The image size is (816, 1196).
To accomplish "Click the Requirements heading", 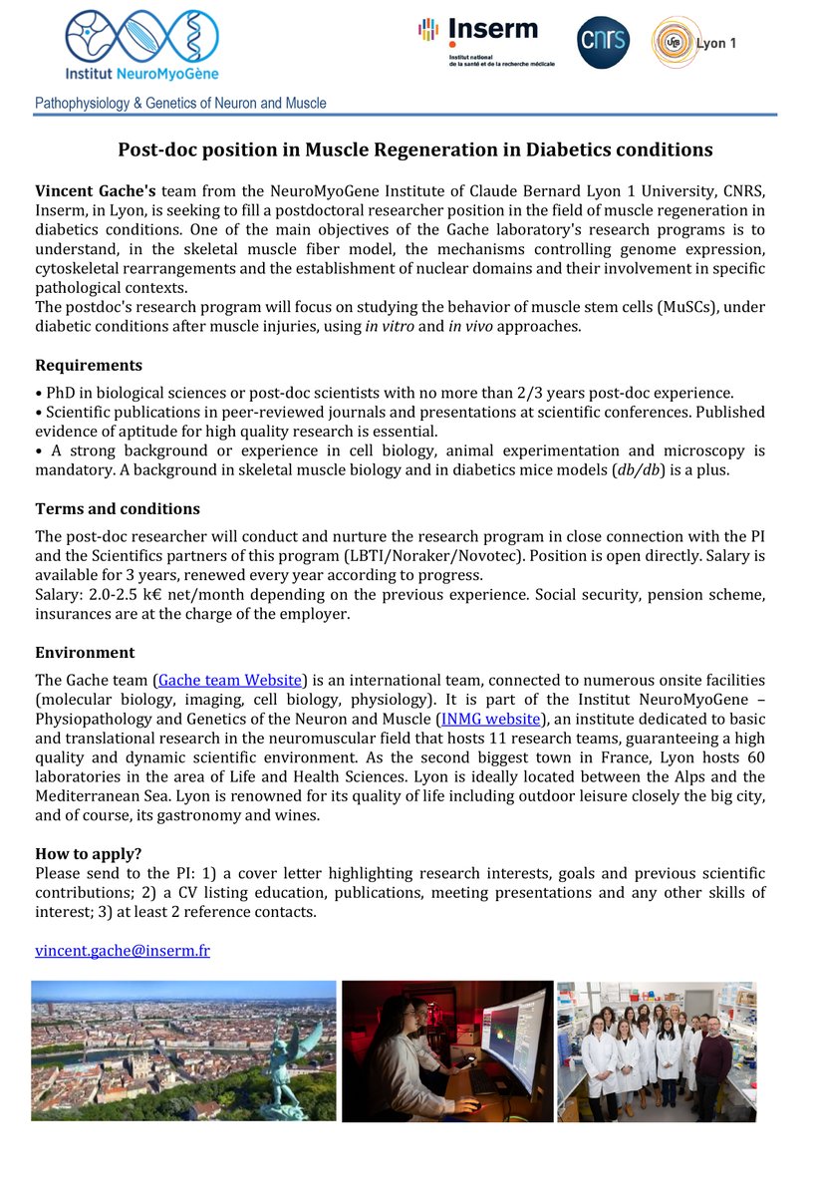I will (x=89, y=365).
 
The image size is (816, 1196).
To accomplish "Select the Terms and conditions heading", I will (x=118, y=509).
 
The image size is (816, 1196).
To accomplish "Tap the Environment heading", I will (x=85, y=653).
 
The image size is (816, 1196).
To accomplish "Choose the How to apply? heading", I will (x=88, y=853).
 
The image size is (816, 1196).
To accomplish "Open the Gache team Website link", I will (x=230, y=680).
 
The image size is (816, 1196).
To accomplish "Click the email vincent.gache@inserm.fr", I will (x=123, y=951).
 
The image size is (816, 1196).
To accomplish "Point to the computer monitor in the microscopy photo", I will (x=512, y=1038).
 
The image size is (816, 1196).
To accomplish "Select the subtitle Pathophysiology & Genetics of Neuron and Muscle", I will (x=180, y=103).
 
